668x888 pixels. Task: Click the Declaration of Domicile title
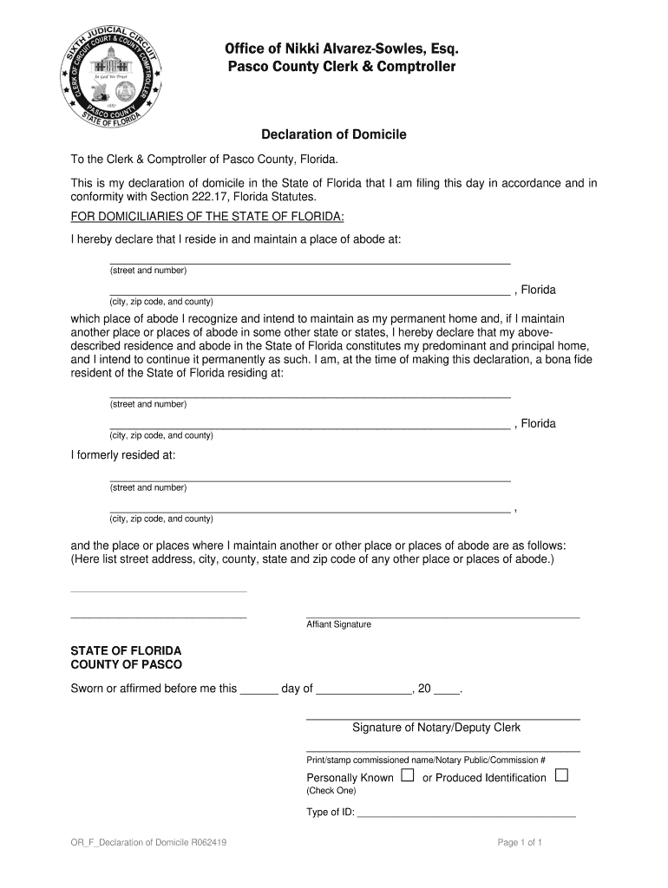pos(334,135)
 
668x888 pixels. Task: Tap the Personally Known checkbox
pos(407,775)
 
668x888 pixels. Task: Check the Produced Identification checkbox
pos(560,775)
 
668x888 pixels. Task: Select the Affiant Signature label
pos(338,624)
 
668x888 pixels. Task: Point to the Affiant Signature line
pos(442,616)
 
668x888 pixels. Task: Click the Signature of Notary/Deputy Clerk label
pos(436,728)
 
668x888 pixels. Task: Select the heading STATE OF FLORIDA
pos(126,650)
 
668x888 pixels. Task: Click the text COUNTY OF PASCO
pos(126,664)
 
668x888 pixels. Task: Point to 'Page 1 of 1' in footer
pos(520,843)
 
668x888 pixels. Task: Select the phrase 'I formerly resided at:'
pos(122,454)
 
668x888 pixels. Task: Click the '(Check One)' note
pos(331,791)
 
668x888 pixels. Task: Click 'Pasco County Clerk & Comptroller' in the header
pos(341,67)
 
